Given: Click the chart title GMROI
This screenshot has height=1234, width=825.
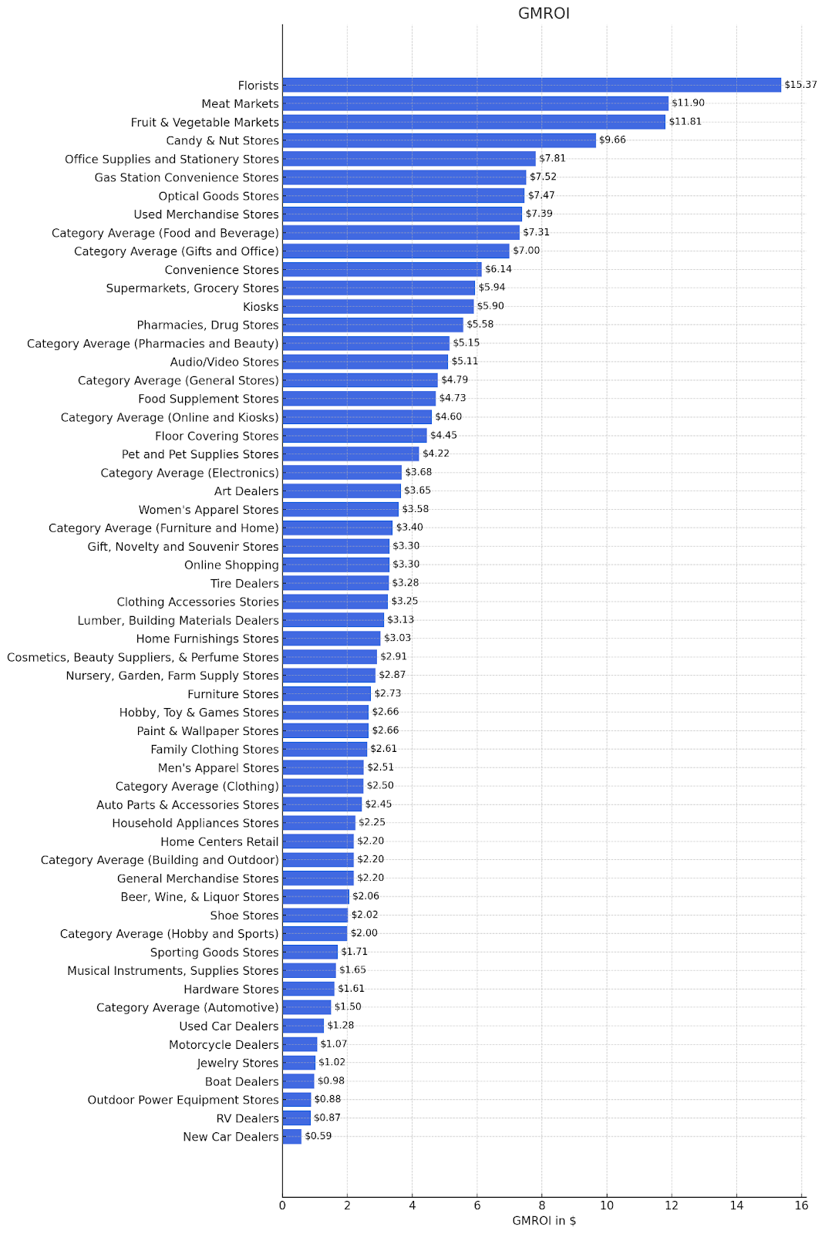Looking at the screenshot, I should tap(544, 13).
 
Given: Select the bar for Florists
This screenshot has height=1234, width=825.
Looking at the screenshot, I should tap(531, 85).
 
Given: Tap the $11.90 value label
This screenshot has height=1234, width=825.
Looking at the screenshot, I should tap(688, 103).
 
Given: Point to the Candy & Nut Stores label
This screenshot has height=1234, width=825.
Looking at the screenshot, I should tap(222, 140).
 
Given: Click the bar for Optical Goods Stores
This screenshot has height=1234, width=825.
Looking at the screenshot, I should tap(403, 196).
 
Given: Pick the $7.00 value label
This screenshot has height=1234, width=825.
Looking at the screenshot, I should tap(527, 251).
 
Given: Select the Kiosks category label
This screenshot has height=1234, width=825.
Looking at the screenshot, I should tap(261, 306).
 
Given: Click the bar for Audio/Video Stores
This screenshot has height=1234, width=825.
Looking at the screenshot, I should tap(365, 362).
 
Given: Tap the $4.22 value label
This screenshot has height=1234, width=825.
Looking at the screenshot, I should tap(436, 453).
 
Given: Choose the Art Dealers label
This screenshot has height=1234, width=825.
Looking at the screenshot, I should tap(246, 491).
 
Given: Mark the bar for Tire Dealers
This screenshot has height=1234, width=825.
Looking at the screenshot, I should tap(335, 583).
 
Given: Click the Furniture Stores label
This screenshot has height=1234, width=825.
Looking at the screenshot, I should tap(233, 694).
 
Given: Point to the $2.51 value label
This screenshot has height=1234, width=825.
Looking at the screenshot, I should tap(380, 767).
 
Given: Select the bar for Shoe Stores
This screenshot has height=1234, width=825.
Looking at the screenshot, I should tap(315, 915).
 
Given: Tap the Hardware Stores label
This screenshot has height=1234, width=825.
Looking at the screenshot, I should tap(231, 990).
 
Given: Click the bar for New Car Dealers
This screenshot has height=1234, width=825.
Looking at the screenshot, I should tap(291, 1137).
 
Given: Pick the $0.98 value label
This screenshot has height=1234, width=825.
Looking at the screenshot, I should tap(331, 1081).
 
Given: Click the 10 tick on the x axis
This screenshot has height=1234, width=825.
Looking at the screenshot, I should tap(607, 1205).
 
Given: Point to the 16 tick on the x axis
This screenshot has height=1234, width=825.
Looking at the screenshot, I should tap(801, 1205).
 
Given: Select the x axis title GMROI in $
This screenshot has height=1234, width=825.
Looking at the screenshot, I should tap(544, 1221).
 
